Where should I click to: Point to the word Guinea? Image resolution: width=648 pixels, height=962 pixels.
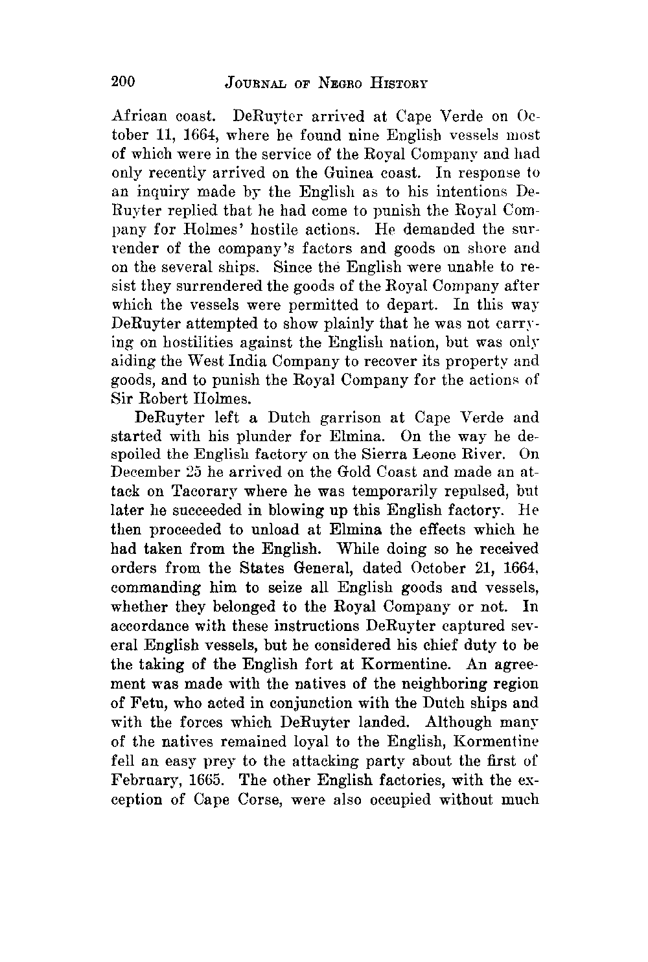point(355,174)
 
